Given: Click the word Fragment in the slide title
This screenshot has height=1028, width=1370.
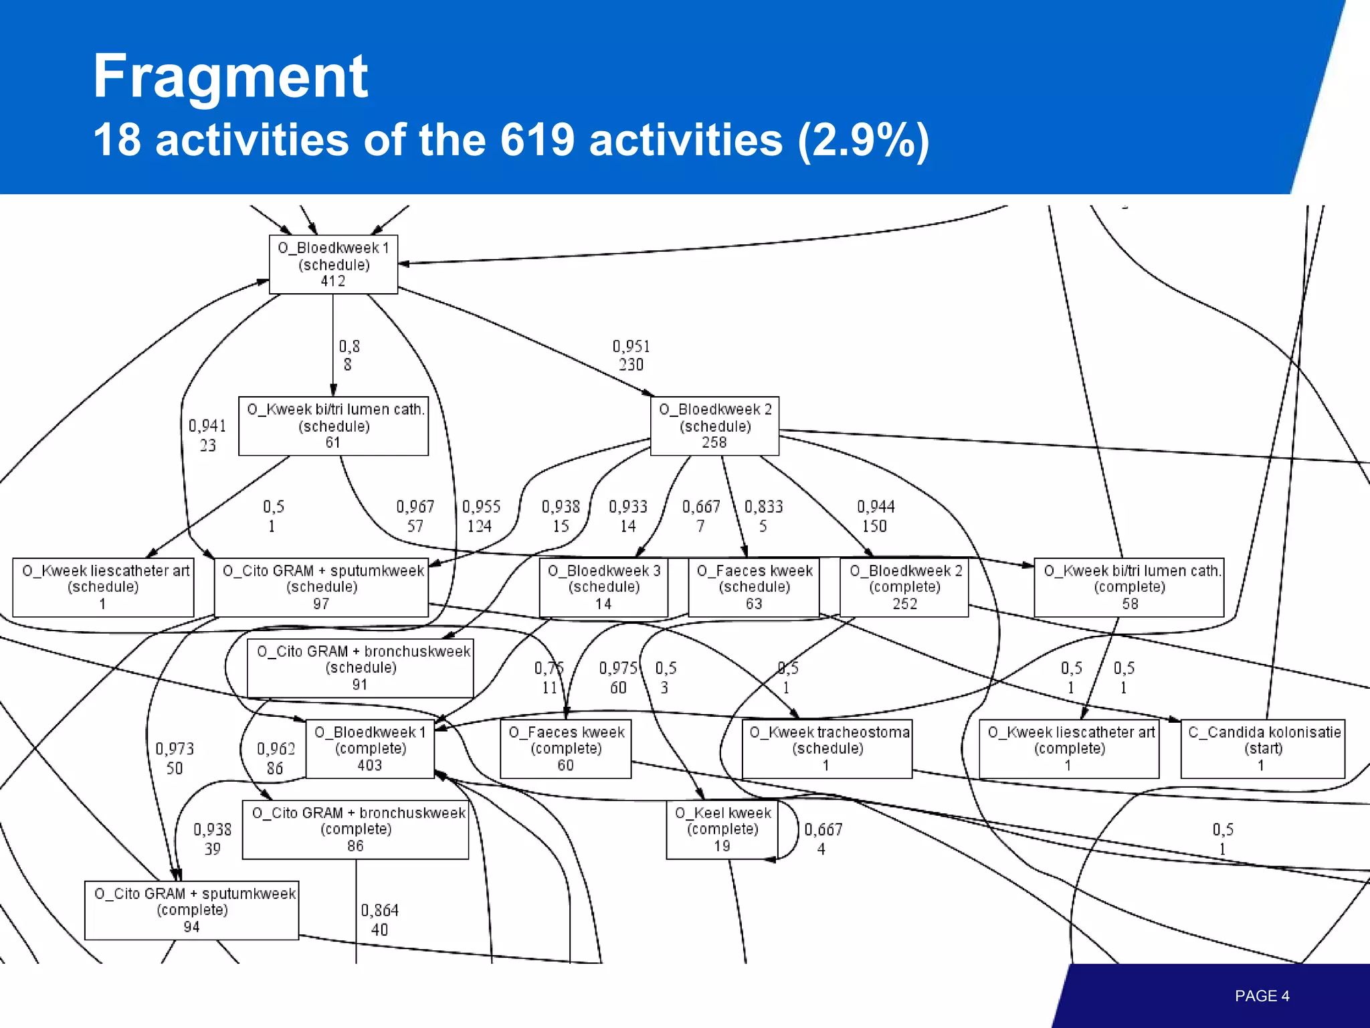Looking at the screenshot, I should coord(230,76).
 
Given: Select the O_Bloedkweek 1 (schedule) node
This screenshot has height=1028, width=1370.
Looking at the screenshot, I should coord(333,264).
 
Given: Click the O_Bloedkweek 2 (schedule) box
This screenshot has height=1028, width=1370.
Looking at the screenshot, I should coord(714,426).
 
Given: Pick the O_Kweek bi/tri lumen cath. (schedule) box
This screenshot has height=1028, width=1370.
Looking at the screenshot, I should coord(334,426).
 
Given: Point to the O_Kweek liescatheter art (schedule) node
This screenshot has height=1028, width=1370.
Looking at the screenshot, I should coord(104,587).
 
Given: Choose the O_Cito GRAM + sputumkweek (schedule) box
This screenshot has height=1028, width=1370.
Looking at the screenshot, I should coord(322,587).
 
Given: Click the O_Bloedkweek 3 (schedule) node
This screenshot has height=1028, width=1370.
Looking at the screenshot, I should coord(603,587).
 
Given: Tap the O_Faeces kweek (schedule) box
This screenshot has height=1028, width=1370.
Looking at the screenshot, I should coord(754,587).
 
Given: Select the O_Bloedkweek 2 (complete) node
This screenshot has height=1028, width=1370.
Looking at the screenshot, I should coord(904,587).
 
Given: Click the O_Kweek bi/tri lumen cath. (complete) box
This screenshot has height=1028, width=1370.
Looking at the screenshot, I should coord(1129,587).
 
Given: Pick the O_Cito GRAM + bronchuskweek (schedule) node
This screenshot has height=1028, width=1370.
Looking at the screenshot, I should coord(361,668).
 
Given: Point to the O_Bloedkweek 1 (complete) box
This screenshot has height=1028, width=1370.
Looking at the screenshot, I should coord(370,749).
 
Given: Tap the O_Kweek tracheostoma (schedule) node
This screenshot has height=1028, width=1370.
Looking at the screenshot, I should coord(827,749).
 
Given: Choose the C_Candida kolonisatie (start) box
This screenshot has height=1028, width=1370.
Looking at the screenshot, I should coord(1263,749).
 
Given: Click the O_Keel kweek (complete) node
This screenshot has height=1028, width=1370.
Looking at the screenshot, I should coord(722,829).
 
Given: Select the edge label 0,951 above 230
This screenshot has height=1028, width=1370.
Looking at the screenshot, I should coord(631,347).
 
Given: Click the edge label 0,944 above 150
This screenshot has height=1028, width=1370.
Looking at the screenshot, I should coord(876,507).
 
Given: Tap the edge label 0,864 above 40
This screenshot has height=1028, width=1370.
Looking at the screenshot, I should coord(379,911).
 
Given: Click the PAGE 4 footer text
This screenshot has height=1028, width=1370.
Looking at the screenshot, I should coord(1262,996).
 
